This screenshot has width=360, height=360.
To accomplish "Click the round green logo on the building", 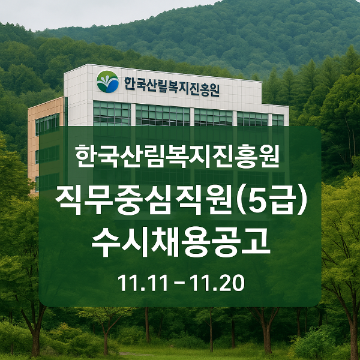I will [107, 82].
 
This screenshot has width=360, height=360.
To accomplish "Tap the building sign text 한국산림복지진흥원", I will [171, 86].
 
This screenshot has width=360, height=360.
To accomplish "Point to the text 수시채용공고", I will [179, 242].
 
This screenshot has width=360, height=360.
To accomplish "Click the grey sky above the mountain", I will [90, 12].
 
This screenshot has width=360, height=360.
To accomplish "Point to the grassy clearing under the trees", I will [180, 351].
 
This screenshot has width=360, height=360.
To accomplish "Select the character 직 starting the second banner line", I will [70, 200].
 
